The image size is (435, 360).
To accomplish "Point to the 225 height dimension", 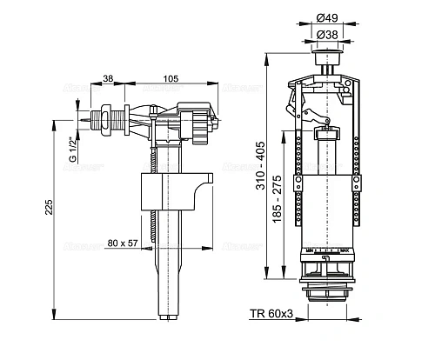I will point(50,206).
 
